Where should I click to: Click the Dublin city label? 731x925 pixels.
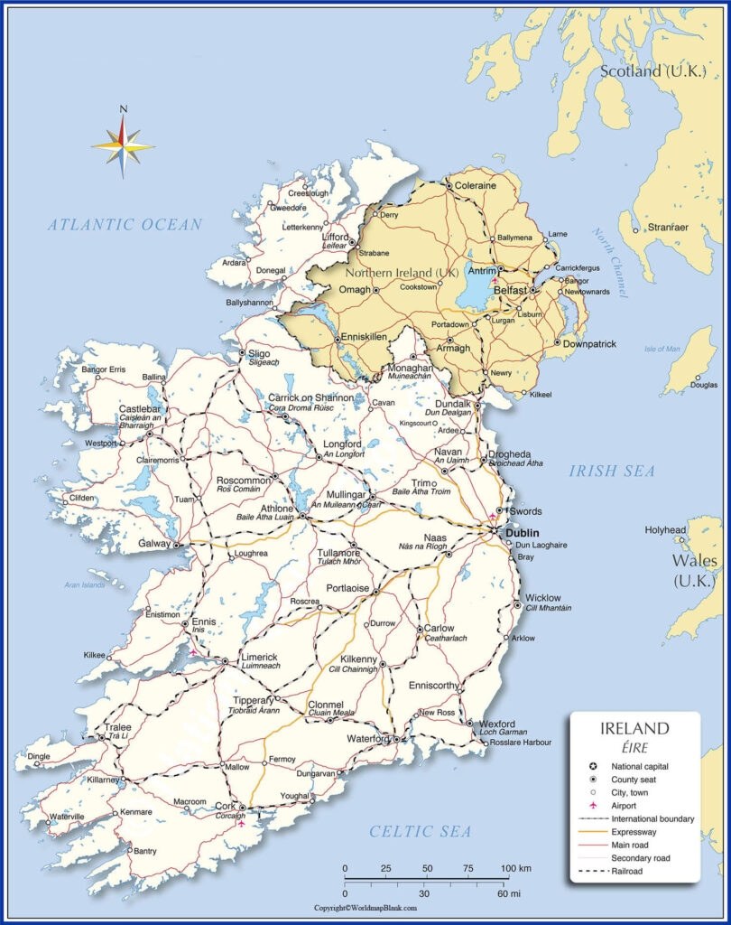[x=523, y=533]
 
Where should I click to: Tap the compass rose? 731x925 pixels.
[x=124, y=144]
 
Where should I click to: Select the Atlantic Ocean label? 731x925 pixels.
[x=125, y=225]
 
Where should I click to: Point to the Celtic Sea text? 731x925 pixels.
[x=421, y=831]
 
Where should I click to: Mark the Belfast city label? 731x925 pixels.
[x=510, y=291]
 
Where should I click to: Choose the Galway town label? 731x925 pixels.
[x=154, y=544]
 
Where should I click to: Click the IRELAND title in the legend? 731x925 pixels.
[x=634, y=728]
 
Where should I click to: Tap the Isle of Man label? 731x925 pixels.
[x=662, y=349]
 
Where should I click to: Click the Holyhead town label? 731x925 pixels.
[x=666, y=530]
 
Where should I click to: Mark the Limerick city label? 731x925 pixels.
[x=260, y=657]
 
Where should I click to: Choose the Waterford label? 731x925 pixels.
[x=366, y=739]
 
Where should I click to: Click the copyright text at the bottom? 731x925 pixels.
[x=365, y=908]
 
